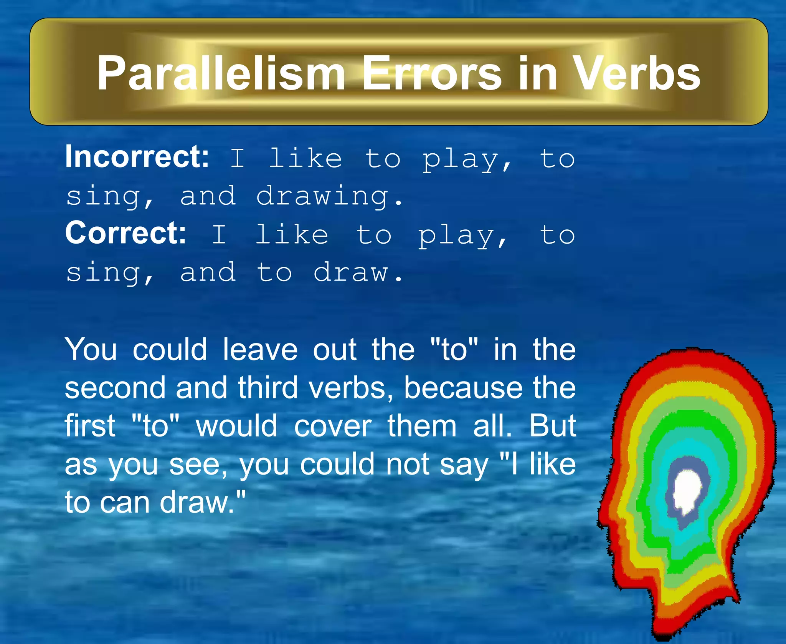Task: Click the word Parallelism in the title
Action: pyautogui.click(x=221, y=73)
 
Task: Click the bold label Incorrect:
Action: pyautogui.click(x=137, y=157)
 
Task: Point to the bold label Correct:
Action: pyautogui.click(x=125, y=233)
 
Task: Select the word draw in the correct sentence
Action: pyautogui.click(x=352, y=273)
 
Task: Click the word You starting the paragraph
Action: pyautogui.click(x=91, y=349)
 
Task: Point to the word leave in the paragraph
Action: pyautogui.click(x=260, y=349)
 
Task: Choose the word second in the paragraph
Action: pyautogui.click(x=115, y=388)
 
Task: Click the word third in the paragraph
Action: pyautogui.click(x=268, y=388)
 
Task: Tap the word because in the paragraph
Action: pyautogui.click(x=463, y=388)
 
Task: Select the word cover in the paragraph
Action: pyautogui.click(x=333, y=427)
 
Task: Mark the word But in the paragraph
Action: pyautogui.click(x=553, y=426)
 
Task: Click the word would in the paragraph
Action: pyautogui.click(x=236, y=426)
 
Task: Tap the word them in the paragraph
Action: pyautogui.click(x=422, y=426)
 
